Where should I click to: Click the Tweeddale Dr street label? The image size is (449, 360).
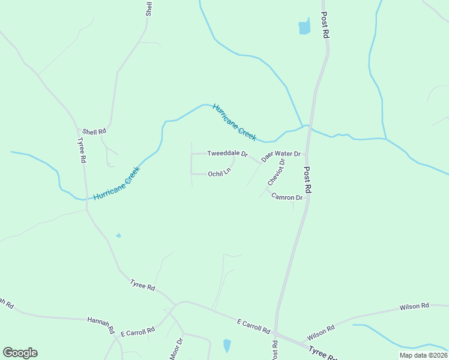(228, 154)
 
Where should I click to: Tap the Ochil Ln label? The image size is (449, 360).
(219, 174)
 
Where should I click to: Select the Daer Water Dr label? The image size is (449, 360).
(280, 155)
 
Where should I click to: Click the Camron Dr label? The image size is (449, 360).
(287, 197)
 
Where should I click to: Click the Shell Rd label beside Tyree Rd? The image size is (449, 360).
(94, 131)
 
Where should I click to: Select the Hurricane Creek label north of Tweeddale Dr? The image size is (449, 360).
(235, 122)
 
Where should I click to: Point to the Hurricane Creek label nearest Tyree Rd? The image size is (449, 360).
(116, 183)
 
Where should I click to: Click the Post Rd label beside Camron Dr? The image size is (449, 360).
(308, 179)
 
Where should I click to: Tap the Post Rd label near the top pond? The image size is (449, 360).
(325, 26)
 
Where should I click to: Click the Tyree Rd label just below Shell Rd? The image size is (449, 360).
(82, 151)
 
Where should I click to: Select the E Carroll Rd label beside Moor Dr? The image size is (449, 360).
(137, 331)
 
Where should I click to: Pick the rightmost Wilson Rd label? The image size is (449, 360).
(414, 307)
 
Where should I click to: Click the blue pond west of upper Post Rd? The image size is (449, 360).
(304, 27)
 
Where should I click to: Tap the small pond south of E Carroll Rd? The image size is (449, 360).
(227, 346)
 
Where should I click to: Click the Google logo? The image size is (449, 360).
(20, 353)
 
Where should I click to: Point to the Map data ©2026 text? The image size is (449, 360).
(423, 355)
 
